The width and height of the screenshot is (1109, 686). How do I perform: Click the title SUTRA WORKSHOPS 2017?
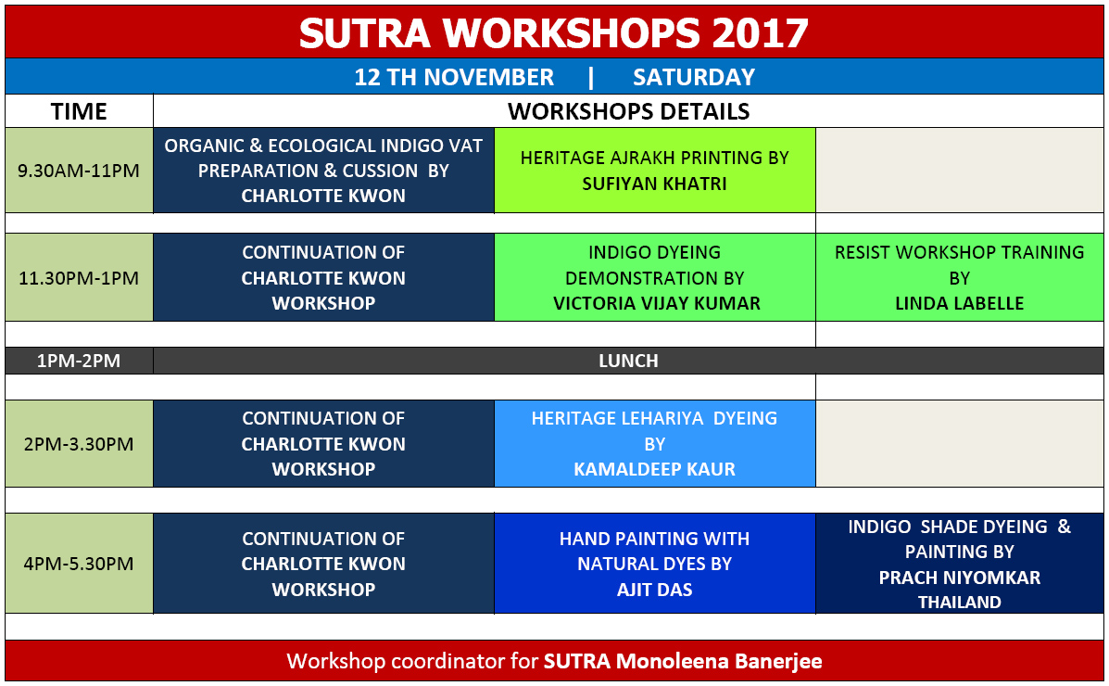pyautogui.click(x=554, y=33)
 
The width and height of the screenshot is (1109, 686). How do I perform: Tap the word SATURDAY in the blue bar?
pyautogui.click(x=694, y=77)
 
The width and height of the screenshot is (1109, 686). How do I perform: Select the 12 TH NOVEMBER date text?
pyautogui.click(x=454, y=77)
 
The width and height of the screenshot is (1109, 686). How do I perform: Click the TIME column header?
pyautogui.click(x=79, y=111)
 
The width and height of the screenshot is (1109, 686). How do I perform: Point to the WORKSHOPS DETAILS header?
pyautogui.click(x=628, y=111)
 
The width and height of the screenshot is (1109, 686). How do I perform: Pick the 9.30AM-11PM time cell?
pyautogui.click(x=79, y=171)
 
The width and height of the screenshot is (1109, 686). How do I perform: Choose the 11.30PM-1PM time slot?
pyautogui.click(x=79, y=277)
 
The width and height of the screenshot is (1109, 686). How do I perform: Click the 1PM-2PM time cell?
pyautogui.click(x=79, y=361)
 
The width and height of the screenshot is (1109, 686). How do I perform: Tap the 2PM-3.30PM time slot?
pyautogui.click(x=79, y=444)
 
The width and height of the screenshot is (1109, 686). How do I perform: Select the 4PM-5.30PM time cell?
pyautogui.click(x=79, y=564)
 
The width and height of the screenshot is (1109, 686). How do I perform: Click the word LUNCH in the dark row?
pyautogui.click(x=628, y=361)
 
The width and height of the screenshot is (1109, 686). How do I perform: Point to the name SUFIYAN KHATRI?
pyautogui.click(x=654, y=184)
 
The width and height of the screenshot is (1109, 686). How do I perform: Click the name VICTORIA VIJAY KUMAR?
pyautogui.click(x=656, y=304)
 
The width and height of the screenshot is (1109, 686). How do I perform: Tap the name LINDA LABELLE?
pyautogui.click(x=959, y=304)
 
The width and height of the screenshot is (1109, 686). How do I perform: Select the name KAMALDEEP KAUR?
pyautogui.click(x=654, y=469)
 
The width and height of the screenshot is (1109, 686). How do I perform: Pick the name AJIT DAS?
pyautogui.click(x=654, y=590)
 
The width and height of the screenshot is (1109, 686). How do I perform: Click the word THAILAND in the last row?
pyautogui.click(x=959, y=603)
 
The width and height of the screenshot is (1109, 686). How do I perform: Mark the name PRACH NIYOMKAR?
pyautogui.click(x=959, y=578)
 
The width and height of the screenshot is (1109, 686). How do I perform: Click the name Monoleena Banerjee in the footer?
pyautogui.click(x=719, y=661)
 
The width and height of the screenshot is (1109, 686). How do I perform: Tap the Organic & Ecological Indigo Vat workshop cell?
pyautogui.click(x=324, y=171)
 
